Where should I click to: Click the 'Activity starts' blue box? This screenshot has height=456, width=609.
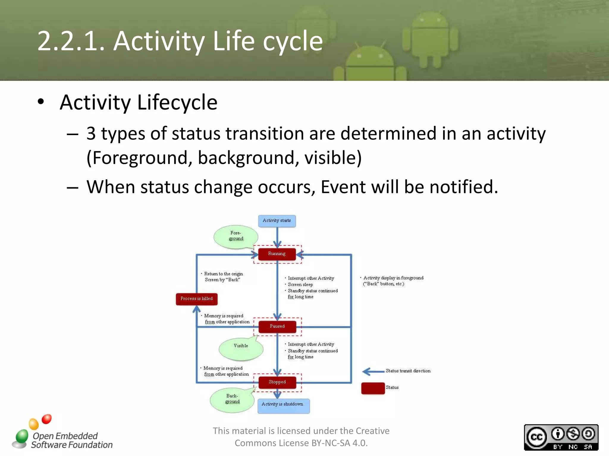click(x=277, y=221)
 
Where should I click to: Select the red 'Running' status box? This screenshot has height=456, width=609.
click(x=277, y=254)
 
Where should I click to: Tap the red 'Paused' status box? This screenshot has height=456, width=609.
click(x=277, y=326)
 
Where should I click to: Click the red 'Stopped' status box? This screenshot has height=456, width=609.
click(x=277, y=382)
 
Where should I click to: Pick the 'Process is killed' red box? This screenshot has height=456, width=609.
click(x=197, y=299)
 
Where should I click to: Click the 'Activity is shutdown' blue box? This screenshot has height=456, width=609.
click(x=283, y=406)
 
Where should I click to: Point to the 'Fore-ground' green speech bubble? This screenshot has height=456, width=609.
click(x=236, y=236)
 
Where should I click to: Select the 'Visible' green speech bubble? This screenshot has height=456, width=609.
click(x=241, y=348)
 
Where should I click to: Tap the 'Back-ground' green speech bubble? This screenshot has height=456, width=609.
click(x=232, y=400)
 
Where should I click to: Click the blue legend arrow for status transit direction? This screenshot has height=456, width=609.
click(x=373, y=371)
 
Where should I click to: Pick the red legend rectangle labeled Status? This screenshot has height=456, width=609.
click(x=373, y=388)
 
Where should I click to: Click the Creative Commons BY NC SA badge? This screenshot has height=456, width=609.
click(x=561, y=437)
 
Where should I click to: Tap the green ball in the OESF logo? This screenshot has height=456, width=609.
click(x=22, y=436)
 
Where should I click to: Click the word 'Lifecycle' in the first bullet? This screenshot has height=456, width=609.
click(x=177, y=102)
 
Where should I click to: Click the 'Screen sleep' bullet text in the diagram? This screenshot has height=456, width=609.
click(x=300, y=284)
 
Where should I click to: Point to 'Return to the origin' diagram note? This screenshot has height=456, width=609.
click(x=223, y=274)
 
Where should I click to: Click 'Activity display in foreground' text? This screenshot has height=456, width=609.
click(x=393, y=278)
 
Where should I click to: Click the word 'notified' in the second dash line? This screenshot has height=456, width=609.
click(x=463, y=187)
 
